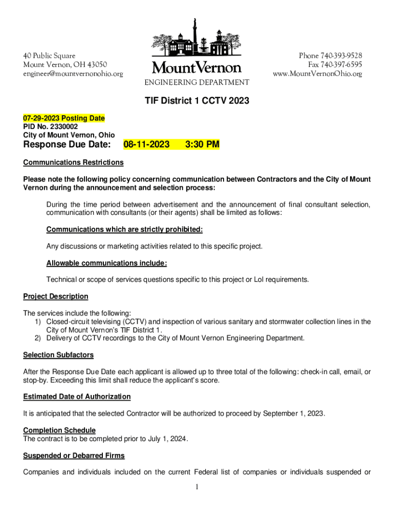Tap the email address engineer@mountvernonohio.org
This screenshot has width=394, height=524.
[x=73, y=74]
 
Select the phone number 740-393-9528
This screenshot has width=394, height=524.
[x=341, y=55]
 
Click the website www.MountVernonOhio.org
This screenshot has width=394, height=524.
[x=317, y=74]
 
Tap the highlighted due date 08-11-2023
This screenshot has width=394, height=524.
[x=146, y=145]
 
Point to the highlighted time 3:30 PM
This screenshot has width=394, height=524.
[x=202, y=145]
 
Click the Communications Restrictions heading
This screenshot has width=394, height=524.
[x=73, y=162]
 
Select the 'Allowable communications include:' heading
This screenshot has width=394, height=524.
[x=106, y=263]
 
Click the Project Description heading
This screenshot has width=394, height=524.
[x=56, y=296]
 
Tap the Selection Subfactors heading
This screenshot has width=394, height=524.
[x=58, y=355]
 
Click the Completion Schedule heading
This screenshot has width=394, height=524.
[x=59, y=430]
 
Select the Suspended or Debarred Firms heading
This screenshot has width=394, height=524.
[x=74, y=455]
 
